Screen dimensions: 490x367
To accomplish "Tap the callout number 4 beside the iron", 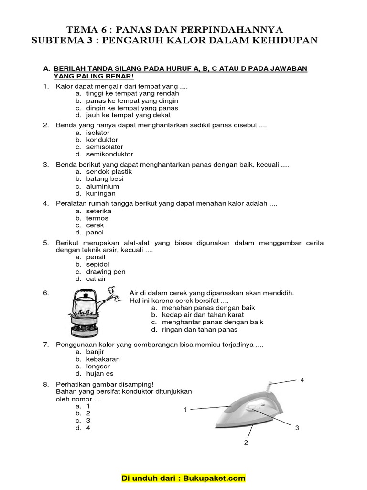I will coord(302,380).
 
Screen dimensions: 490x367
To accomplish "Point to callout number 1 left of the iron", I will coord(184,410).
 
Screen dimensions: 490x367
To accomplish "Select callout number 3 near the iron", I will coord(297,428).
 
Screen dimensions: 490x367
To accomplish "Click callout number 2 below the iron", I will coord(246,443).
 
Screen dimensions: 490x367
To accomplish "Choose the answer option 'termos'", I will coord(97,218).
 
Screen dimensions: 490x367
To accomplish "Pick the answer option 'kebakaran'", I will coord(103,359).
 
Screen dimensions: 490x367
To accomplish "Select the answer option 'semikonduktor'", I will coord(109,154).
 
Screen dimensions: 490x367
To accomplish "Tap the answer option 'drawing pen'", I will coord(106,271).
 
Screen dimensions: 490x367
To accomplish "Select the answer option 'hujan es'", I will coord(100,374).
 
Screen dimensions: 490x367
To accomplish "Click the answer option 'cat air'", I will coord(96,278).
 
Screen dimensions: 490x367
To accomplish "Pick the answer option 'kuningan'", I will coord(101,193).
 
